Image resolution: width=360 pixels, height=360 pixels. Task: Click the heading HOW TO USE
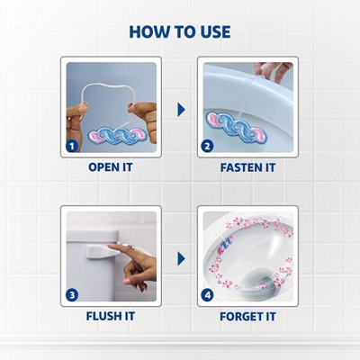point(180,31)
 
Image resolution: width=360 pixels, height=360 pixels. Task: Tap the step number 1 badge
point(70,144)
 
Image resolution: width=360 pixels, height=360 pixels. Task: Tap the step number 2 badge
point(207,144)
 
